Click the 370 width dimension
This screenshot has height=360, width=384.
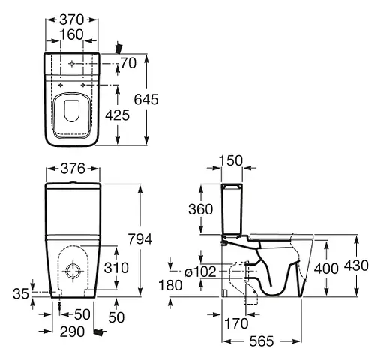click(71, 19)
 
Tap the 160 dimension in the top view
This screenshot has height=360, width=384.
click(71, 34)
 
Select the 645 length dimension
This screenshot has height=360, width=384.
click(146, 99)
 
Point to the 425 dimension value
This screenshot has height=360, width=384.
click(117, 115)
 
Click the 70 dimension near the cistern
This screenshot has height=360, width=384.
click(128, 63)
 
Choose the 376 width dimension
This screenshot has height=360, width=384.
click(73, 169)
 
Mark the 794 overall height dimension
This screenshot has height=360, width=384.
click(140, 238)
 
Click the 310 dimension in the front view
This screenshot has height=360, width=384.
click(116, 268)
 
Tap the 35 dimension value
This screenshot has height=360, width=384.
click(21, 294)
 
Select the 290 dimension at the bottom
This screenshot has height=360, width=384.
click(72, 331)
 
